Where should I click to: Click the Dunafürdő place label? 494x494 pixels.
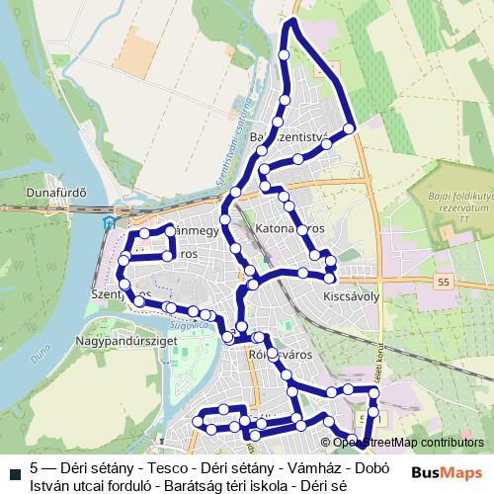coord(58,192)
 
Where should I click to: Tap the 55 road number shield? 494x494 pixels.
coord(442,283)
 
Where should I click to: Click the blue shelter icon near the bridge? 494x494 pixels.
coord(108,222)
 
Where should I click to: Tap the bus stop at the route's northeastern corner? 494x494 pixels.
coord(349,128)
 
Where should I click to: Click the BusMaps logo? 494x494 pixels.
coord(448,472)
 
